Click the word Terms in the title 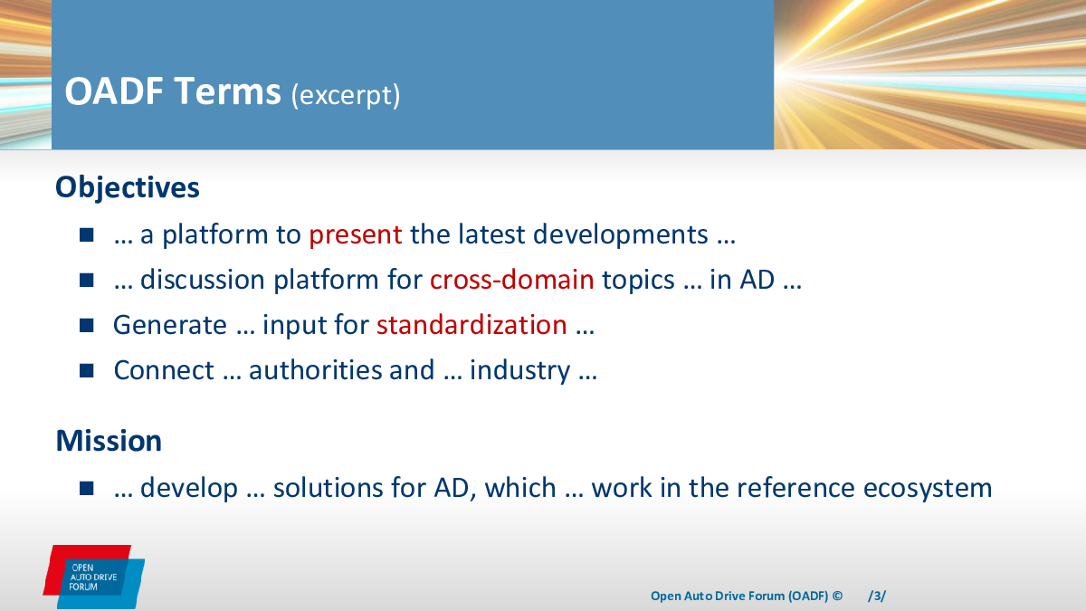[227, 91]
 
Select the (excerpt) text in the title [346, 94]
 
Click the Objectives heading [128, 187]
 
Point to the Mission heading [109, 441]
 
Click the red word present [356, 235]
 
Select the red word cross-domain [511, 280]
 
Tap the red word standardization [472, 325]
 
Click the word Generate [170, 325]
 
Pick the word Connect [164, 370]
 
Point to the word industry [519, 371]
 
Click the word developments [621, 235]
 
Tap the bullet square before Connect [86, 370]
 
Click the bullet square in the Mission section [86, 488]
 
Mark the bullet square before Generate [86, 325]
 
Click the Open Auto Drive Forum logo [93, 577]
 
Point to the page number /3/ [877, 596]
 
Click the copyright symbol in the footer [837, 596]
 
